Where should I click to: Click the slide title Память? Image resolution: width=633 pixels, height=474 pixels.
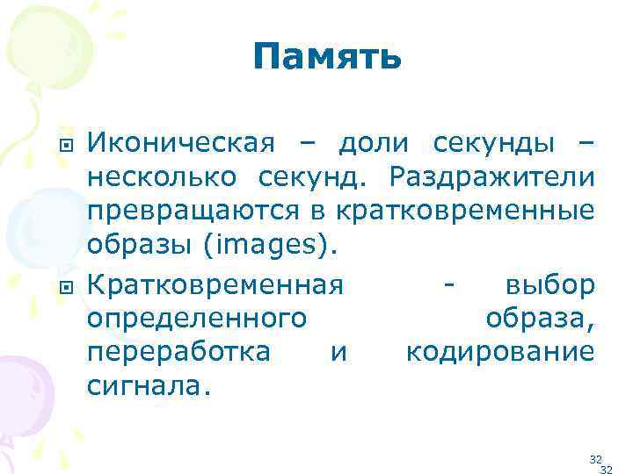tap(326, 58)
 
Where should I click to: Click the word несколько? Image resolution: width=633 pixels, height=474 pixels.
tap(161, 178)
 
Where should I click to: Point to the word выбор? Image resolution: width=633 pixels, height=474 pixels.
tap(550, 286)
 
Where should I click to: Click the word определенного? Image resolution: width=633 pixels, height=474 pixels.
tap(196, 320)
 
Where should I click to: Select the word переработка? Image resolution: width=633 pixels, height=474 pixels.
tap(178, 353)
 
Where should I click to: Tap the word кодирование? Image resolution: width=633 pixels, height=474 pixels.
tap(499, 353)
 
